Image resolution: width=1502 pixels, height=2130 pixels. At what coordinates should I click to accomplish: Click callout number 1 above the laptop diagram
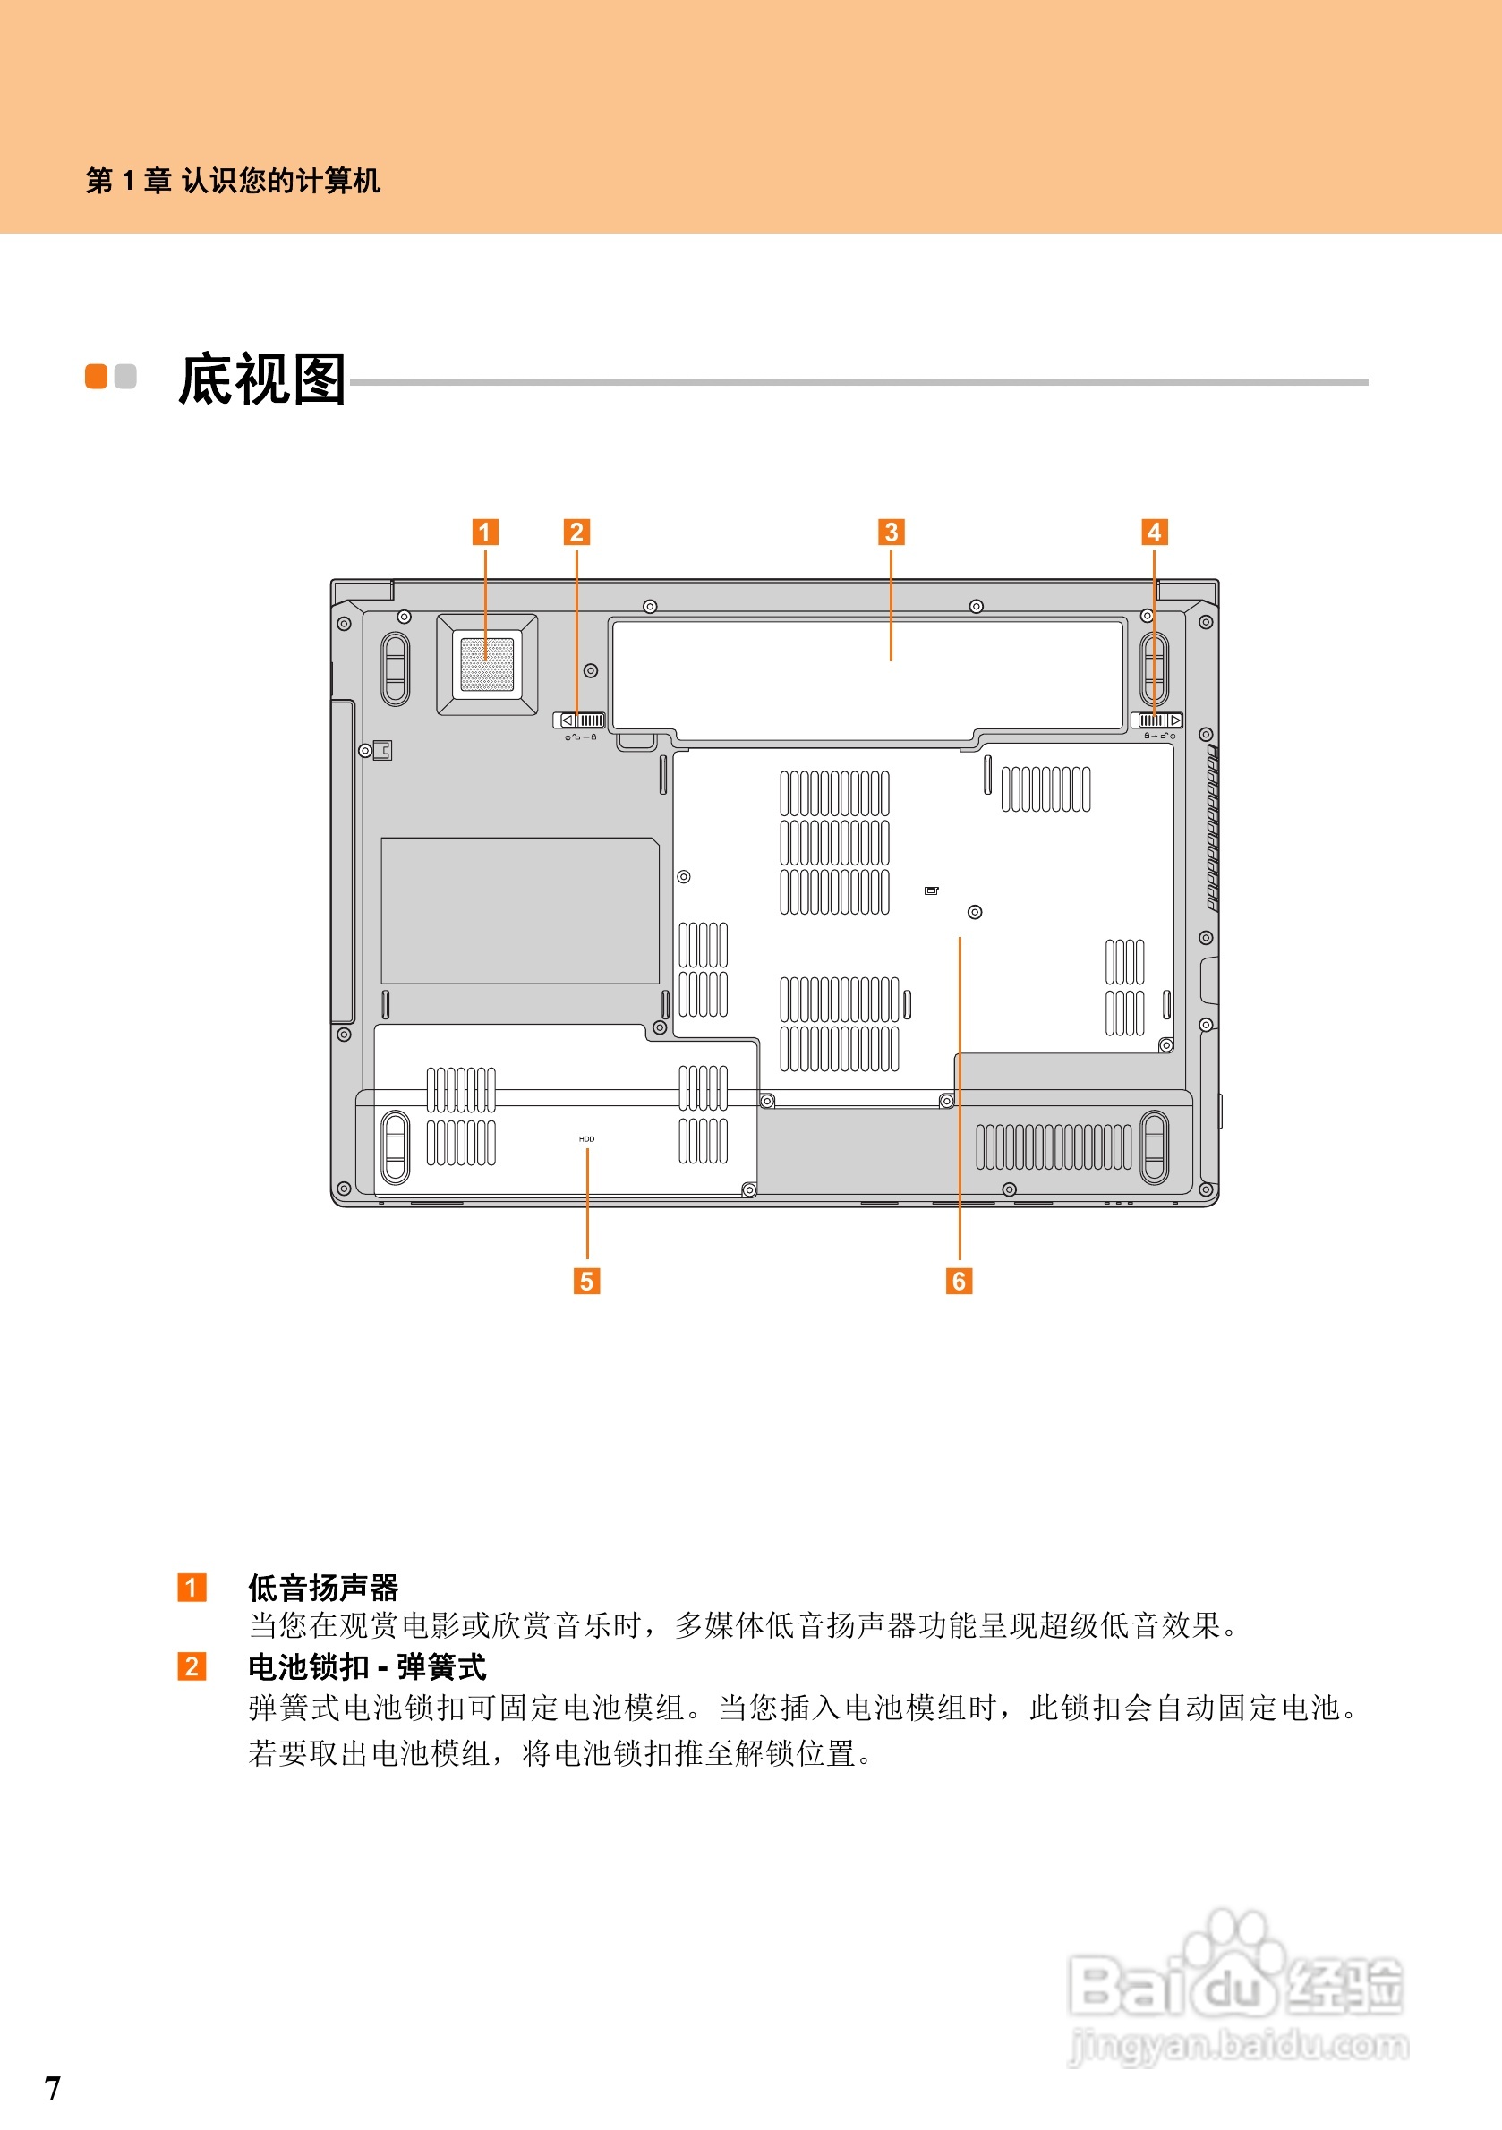[x=485, y=532]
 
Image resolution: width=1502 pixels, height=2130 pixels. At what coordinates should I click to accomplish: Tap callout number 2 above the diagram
[x=576, y=532]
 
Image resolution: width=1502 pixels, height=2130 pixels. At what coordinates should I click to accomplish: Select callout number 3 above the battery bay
[x=891, y=532]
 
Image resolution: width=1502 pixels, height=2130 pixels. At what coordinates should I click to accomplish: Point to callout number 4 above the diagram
[x=1154, y=532]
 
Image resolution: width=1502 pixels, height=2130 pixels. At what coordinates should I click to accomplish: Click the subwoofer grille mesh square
[x=487, y=663]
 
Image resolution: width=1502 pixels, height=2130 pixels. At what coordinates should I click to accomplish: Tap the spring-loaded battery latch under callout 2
[x=579, y=720]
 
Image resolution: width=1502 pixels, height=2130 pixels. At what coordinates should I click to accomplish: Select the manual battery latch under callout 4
[x=1157, y=720]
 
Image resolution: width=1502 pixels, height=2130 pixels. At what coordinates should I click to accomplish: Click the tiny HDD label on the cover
[x=586, y=1138]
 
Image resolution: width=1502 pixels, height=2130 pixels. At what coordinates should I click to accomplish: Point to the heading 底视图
[x=261, y=379]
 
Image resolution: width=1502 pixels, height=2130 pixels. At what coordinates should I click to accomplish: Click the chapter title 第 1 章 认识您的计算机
[x=233, y=180]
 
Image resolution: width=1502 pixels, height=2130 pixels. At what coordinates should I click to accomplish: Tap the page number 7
[x=53, y=2088]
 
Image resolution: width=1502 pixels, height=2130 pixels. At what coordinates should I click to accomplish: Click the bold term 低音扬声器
[x=323, y=1588]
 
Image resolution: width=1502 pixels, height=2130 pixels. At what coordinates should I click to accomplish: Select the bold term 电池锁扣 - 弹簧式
[x=366, y=1667]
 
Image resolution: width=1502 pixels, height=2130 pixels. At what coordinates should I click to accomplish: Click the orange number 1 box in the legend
[x=192, y=1588]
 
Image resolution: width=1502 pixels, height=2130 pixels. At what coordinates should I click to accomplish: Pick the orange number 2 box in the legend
[x=192, y=1666]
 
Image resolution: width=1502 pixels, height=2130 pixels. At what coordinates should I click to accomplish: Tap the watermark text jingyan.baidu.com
[x=1239, y=2046]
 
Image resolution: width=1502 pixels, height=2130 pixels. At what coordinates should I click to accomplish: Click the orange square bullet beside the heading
[x=97, y=377]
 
